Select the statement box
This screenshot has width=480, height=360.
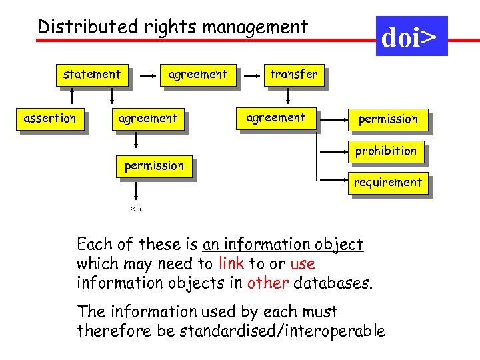[x=92, y=75]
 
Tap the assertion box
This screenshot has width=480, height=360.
[x=50, y=119]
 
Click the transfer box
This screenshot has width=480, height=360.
[x=293, y=75]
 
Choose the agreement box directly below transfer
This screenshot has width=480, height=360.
[x=275, y=118]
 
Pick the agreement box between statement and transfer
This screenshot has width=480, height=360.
[x=197, y=75]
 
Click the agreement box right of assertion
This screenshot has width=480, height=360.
[x=147, y=119]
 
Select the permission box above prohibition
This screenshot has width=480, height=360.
[x=388, y=119]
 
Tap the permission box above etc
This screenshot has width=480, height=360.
[x=154, y=165]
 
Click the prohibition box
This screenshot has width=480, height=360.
[x=385, y=151]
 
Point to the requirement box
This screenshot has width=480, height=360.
[x=387, y=182]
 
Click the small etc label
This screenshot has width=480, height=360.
[x=136, y=209]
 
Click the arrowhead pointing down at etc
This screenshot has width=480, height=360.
[x=136, y=198]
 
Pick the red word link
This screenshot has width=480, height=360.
[x=231, y=263]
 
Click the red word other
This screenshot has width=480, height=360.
[x=267, y=283]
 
